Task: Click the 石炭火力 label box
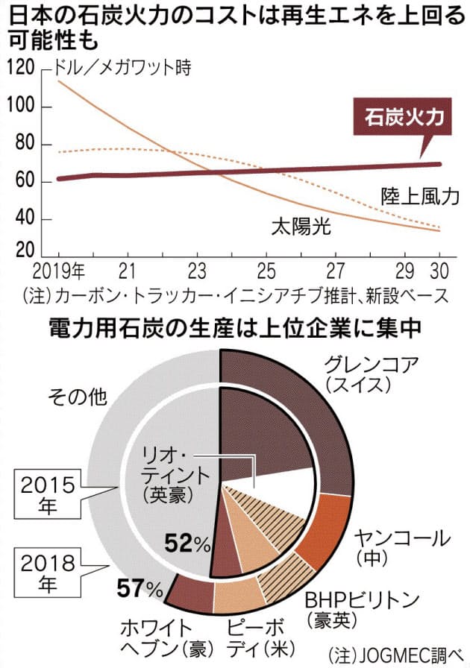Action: pyautogui.click(x=403, y=119)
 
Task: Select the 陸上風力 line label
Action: pyautogui.click(x=416, y=196)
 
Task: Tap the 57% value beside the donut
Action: pyautogui.click(x=140, y=591)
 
